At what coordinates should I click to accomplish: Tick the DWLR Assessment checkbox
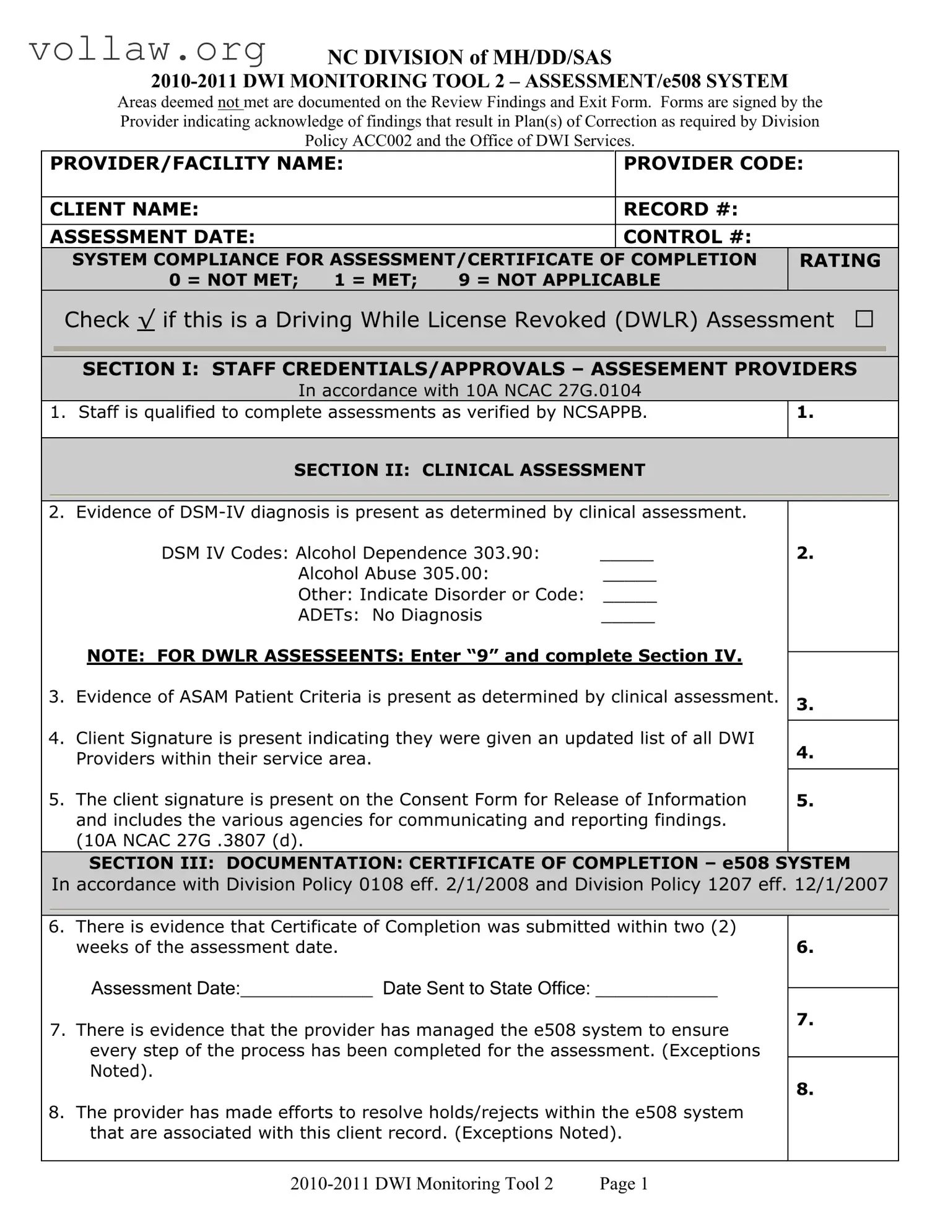coord(864,319)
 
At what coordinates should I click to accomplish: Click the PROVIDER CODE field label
coord(713,163)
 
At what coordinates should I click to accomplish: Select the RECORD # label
coord(681,209)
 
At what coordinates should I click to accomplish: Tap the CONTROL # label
coord(687,237)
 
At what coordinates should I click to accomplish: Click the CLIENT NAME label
coord(124,209)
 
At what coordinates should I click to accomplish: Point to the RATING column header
coord(840,261)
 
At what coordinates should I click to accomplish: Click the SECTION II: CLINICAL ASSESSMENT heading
coord(469,470)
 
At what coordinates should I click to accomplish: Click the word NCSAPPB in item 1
coord(604,412)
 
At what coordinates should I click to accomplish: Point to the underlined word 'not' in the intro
coord(228,102)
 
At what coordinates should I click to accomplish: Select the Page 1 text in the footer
coord(624,1184)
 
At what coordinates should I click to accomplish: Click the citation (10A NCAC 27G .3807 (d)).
coord(189,840)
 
